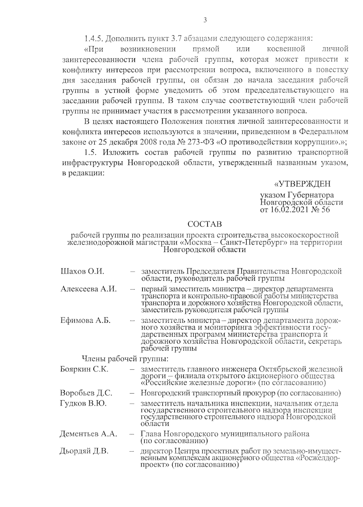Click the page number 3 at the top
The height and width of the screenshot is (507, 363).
pos(205,21)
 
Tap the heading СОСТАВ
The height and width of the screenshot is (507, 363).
pos(204,224)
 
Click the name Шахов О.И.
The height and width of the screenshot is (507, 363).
pos(82,271)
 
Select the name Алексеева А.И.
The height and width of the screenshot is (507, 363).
pos(88,289)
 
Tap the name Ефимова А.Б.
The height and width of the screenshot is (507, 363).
pos(85,321)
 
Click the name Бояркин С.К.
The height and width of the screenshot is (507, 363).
pos(84,369)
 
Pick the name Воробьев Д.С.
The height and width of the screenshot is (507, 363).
pos(86,393)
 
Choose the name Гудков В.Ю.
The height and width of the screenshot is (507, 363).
pos(83,404)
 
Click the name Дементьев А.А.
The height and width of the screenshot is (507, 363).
pos(88,434)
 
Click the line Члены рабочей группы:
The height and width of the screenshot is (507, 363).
pos(125,359)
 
